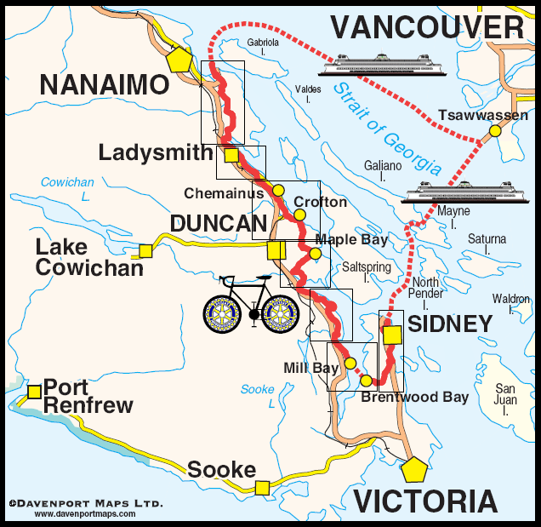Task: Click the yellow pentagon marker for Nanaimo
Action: pos(179,60)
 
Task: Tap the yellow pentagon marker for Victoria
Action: pos(414,470)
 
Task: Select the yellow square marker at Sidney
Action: pos(391,335)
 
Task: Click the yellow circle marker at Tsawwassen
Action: pos(494,131)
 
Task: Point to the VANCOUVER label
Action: pos(427,27)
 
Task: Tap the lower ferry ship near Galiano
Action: pos(446,192)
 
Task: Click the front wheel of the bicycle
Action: pos(280,314)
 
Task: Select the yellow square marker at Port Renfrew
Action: pos(34,392)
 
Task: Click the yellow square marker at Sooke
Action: pos(262,487)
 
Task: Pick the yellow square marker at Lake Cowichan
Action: pos(145,250)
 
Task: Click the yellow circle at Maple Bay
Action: pos(316,253)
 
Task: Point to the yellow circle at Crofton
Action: pos(299,215)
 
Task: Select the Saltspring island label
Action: pos(367,272)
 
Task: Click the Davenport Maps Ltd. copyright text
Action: pos(84,504)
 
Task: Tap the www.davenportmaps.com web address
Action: pos(84,514)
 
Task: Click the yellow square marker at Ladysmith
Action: pos(231,154)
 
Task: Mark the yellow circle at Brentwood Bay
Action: pos(366,381)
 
